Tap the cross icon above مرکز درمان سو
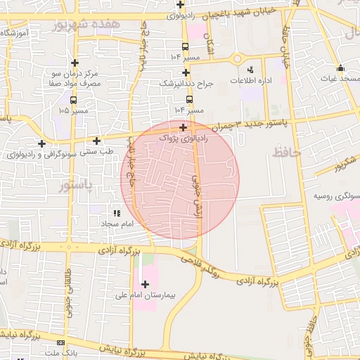(x=75, y=63)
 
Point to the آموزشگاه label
(x=15, y=33)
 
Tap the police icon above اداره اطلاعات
(x=250, y=70)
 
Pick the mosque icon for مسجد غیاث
(x=341, y=68)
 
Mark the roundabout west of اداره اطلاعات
(x=237, y=59)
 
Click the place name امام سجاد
(x=117, y=224)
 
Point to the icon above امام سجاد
(x=117, y=212)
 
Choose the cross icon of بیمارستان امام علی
(x=146, y=285)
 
